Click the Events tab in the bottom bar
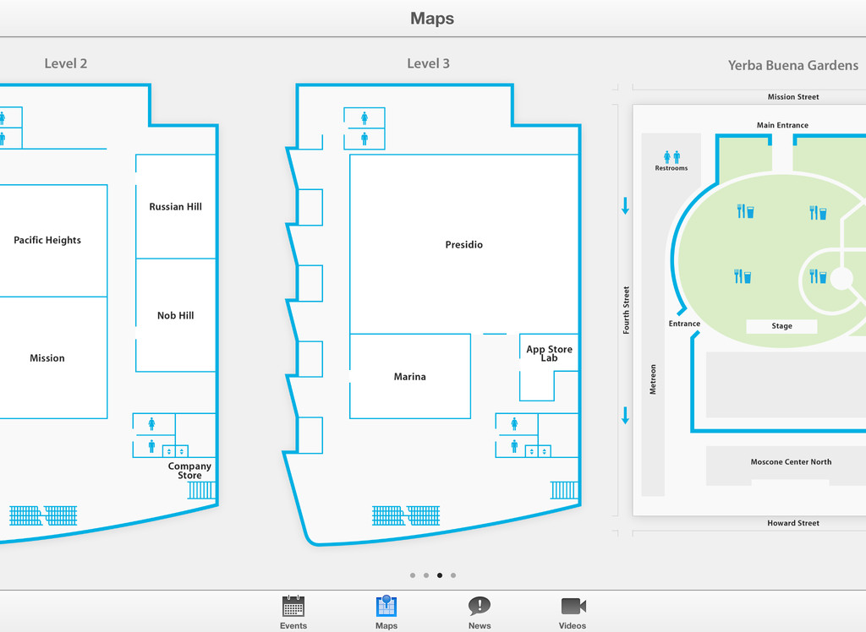click(x=293, y=612)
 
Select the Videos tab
click(x=573, y=612)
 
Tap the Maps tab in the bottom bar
click(x=386, y=612)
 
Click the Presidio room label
click(x=464, y=245)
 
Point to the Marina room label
click(x=410, y=377)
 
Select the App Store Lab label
click(x=549, y=353)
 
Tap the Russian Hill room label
click(x=176, y=207)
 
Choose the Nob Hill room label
click(x=176, y=316)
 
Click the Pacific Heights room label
click(x=47, y=241)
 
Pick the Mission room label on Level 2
click(x=47, y=358)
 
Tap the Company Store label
click(x=189, y=471)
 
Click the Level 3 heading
click(x=429, y=63)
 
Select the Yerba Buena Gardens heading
click(x=793, y=65)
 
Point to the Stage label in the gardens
click(x=782, y=326)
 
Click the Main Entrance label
click(x=782, y=125)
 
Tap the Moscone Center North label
click(x=791, y=462)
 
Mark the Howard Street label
click(x=793, y=523)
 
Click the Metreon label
click(x=653, y=379)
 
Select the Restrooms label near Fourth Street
click(x=671, y=168)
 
